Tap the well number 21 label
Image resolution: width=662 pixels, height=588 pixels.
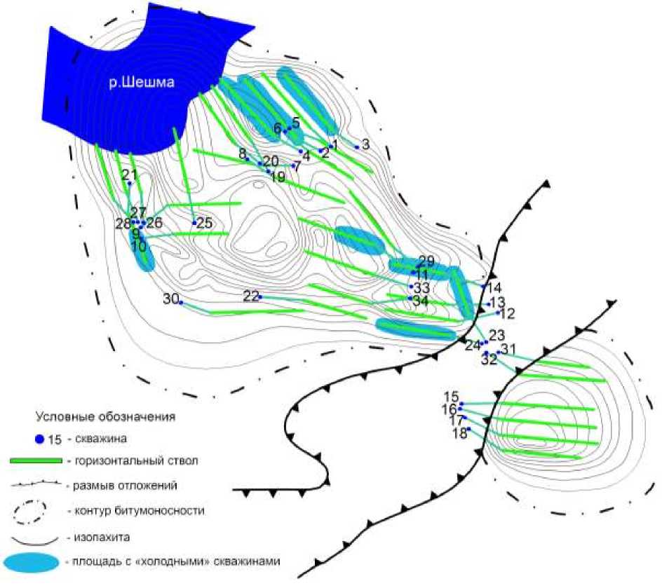pyautogui.click(x=129, y=175)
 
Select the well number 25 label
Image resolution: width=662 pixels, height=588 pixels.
pyautogui.click(x=204, y=224)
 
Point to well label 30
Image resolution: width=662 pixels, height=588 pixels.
pyautogui.click(x=170, y=299)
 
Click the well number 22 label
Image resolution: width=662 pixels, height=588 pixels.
pyautogui.click(x=251, y=296)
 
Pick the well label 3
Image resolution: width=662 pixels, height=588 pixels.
pyautogui.click(x=365, y=144)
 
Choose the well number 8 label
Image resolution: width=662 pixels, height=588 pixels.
pyautogui.click(x=242, y=153)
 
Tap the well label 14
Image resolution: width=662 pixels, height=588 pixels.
pyautogui.click(x=494, y=287)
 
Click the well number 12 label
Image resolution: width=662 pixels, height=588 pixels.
pyautogui.click(x=507, y=313)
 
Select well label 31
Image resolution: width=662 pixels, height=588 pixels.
pyautogui.click(x=508, y=349)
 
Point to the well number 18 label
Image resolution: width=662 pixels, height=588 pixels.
pyautogui.click(x=460, y=433)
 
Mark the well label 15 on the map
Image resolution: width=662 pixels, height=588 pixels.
pyautogui.click(x=452, y=397)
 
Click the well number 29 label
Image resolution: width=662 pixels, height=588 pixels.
pyautogui.click(x=426, y=261)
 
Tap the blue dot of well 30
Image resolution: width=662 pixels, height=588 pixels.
pyautogui.click(x=181, y=302)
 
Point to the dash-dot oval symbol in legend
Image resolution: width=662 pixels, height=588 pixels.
pyautogui.click(x=32, y=511)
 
